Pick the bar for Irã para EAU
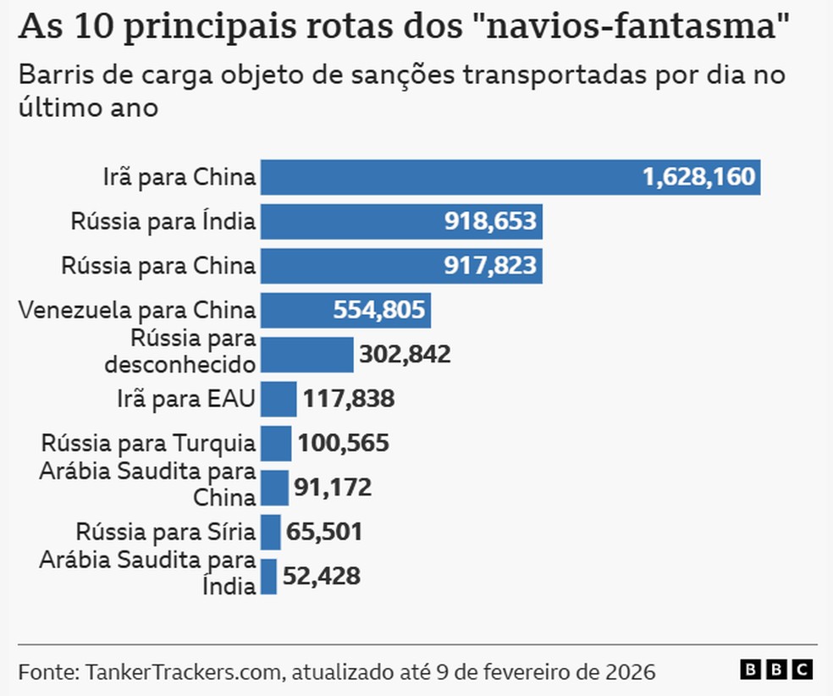click(x=279, y=399)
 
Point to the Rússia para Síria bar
click(x=270, y=533)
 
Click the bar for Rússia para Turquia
click(x=276, y=443)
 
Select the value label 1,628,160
click(x=698, y=177)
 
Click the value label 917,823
click(x=490, y=266)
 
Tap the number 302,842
click(x=405, y=355)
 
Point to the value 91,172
click(x=333, y=488)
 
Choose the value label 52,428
click(x=321, y=577)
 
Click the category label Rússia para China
click(x=158, y=266)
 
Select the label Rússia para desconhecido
click(x=179, y=351)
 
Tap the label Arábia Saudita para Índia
click(x=147, y=572)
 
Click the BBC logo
click(x=776, y=670)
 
